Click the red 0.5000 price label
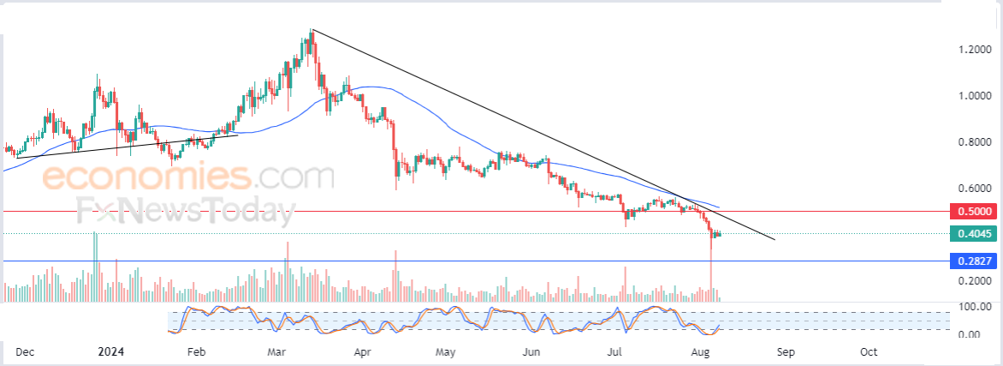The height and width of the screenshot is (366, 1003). [974, 211]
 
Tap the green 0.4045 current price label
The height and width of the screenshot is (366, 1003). [974, 234]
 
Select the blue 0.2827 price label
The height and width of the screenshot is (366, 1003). [974, 261]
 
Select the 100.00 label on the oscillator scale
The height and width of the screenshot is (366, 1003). [975, 307]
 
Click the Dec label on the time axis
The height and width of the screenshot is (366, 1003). [24, 352]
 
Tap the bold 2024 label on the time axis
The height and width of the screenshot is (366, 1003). [110, 352]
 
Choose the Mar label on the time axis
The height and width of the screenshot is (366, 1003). [276, 352]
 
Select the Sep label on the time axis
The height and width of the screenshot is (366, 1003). [785, 352]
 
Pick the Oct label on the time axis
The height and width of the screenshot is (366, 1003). [868, 352]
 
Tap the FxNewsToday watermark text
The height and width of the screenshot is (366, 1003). [187, 211]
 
